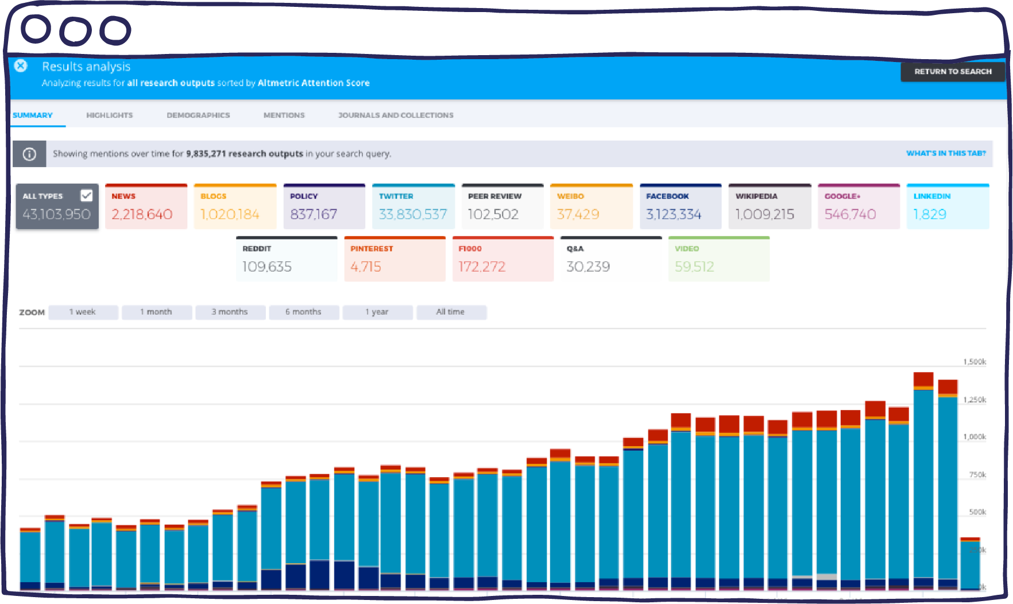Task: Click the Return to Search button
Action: pyautogui.click(x=952, y=72)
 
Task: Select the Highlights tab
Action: pyautogui.click(x=109, y=115)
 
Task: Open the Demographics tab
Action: pyautogui.click(x=198, y=115)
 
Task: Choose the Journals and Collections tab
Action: pyautogui.click(x=396, y=115)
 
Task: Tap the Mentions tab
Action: pyautogui.click(x=284, y=115)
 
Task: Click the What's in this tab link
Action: pyautogui.click(x=945, y=153)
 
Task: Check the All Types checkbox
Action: pyautogui.click(x=87, y=195)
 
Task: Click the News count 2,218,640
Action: pyautogui.click(x=142, y=214)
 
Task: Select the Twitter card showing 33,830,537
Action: pyautogui.click(x=413, y=207)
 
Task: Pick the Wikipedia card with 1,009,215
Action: pyautogui.click(x=769, y=207)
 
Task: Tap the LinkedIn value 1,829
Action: pyautogui.click(x=930, y=214)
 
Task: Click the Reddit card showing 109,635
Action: pyautogui.click(x=286, y=259)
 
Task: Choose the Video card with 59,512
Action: pyautogui.click(x=718, y=259)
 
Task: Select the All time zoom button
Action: pyautogui.click(x=451, y=312)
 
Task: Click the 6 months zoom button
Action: pyautogui.click(x=303, y=312)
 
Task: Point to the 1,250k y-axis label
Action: pyautogui.click(x=975, y=400)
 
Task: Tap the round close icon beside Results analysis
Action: pyautogui.click(x=21, y=66)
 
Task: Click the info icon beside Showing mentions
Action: pyautogui.click(x=29, y=154)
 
